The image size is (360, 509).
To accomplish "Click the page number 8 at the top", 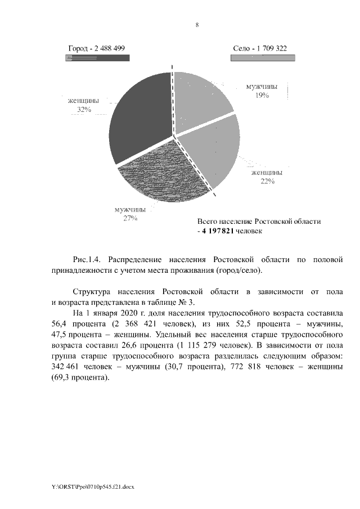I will (x=197, y=25).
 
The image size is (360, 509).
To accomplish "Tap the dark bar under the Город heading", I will (x=97, y=57).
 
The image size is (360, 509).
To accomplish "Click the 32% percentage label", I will (x=84, y=110).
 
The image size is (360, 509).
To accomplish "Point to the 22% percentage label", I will (x=267, y=181).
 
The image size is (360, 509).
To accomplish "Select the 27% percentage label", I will (x=130, y=219).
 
